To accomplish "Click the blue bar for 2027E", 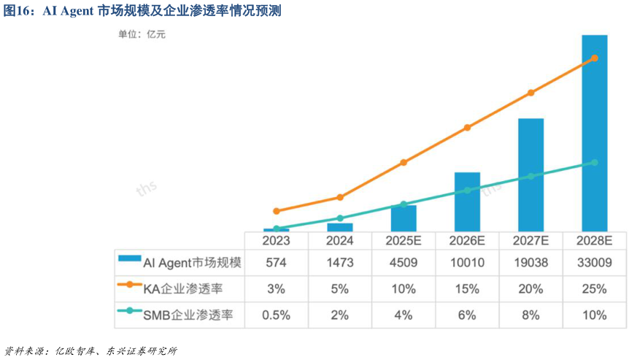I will tap(530, 175).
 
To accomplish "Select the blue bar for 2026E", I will tap(467, 202).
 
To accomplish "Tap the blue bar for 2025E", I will tap(404, 218).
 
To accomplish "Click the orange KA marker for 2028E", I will tap(595, 58).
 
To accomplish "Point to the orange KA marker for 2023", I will tap(277, 211).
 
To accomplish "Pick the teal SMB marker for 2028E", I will tap(595, 162).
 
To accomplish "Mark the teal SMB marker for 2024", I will tap(340, 218).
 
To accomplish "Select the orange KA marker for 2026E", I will tap(467, 128).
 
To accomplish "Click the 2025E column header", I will tap(404, 240).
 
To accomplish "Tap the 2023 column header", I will tap(277, 240).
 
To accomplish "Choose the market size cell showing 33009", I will tap(594, 262).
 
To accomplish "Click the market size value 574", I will tap(277, 262).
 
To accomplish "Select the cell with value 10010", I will tap(467, 262).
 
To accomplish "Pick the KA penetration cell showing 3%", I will tap(277, 288).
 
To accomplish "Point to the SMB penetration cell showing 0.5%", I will tap(277, 315).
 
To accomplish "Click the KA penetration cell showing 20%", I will tap(530, 288).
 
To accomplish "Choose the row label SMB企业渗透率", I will tap(183, 315).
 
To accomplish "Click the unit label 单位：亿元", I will tap(142, 34).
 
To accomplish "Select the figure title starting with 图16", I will tap(142, 12).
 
